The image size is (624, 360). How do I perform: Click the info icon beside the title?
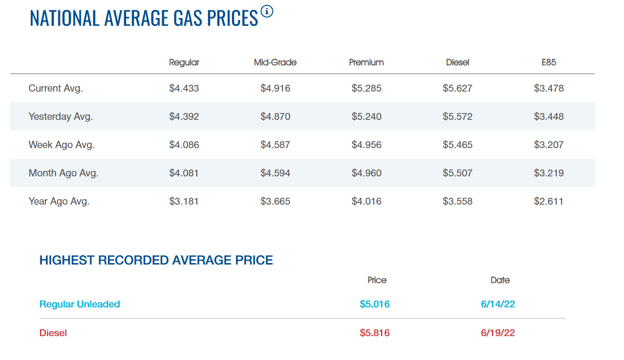click(x=267, y=11)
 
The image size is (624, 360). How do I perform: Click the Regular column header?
click(x=184, y=62)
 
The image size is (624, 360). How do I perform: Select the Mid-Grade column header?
click(x=275, y=62)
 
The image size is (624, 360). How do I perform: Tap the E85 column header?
click(x=549, y=62)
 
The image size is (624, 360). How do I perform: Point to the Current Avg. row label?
click(x=56, y=88)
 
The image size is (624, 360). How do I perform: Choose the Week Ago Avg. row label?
click(x=61, y=145)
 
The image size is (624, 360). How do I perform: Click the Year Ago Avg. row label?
click(x=59, y=201)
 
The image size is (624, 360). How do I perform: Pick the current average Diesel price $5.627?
click(x=458, y=88)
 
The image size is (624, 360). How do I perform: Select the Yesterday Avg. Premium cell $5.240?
click(x=366, y=116)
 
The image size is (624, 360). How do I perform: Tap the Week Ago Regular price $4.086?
click(x=184, y=145)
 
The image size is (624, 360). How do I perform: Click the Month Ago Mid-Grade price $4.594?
click(x=275, y=173)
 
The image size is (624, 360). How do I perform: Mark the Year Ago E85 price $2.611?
click(x=549, y=202)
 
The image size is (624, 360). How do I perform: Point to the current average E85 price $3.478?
click(x=549, y=88)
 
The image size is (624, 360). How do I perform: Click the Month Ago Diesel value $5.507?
click(x=458, y=173)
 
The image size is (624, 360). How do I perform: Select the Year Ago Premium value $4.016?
click(x=366, y=202)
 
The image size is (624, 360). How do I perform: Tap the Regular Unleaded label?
click(x=80, y=304)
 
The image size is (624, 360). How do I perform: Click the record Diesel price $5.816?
click(x=375, y=333)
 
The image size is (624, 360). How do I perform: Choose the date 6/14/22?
click(x=498, y=304)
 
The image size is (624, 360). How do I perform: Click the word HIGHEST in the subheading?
click(x=67, y=260)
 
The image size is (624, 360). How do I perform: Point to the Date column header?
click(x=500, y=280)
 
